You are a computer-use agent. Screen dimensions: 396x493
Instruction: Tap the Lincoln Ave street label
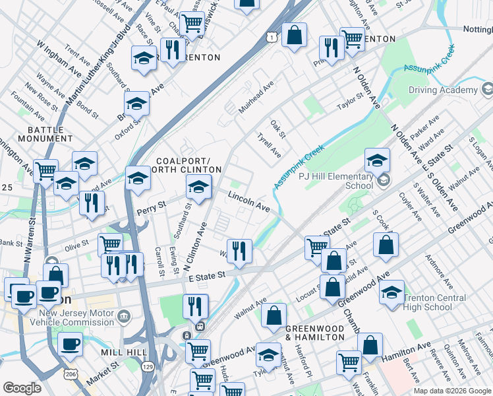tap(249, 201)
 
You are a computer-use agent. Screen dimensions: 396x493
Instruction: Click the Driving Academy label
tap(442, 90)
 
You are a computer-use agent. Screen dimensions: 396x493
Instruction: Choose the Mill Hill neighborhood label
tap(124, 352)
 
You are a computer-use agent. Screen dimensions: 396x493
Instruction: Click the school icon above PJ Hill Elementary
tap(377, 160)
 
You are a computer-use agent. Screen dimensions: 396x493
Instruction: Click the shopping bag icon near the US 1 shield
tap(294, 34)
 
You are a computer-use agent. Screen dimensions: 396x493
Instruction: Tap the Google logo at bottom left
tap(22, 388)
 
